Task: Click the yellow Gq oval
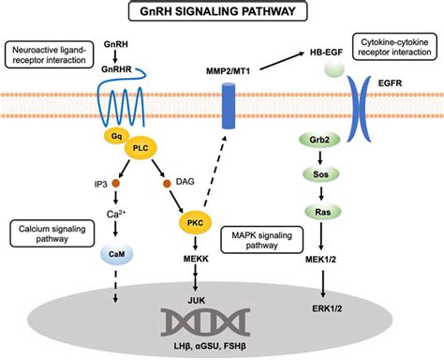tap(116, 136)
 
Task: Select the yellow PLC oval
tap(141, 148)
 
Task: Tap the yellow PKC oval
tap(195, 223)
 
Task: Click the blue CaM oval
tap(117, 254)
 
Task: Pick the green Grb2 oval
tap(319, 140)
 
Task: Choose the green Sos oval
tap(320, 174)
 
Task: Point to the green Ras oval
tap(323, 212)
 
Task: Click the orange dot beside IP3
tap(115, 183)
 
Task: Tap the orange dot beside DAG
tap(167, 184)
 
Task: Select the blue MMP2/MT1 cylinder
tap(229, 106)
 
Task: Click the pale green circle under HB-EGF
tap(334, 68)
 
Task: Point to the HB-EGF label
tap(326, 52)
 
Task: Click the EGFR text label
tap(390, 83)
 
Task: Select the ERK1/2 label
tap(327, 308)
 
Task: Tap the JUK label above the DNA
tap(197, 300)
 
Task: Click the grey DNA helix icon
tap(205, 322)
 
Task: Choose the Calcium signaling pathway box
tap(52, 233)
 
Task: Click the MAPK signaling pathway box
tap(261, 240)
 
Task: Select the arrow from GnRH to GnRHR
tap(115, 56)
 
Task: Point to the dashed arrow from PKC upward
tap(215, 171)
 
